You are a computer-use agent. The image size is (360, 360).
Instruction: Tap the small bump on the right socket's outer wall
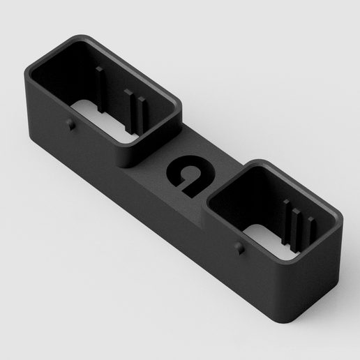point(239,247)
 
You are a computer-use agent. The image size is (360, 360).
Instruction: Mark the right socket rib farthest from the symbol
point(306,231)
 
